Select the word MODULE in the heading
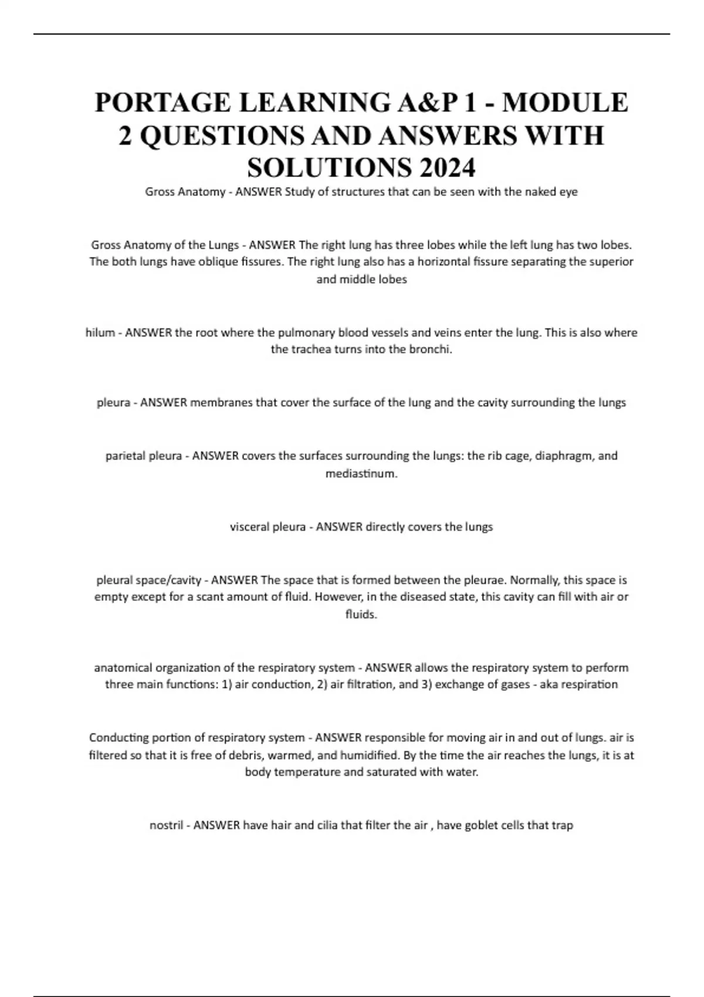tap(565, 103)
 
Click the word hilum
tap(100, 333)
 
